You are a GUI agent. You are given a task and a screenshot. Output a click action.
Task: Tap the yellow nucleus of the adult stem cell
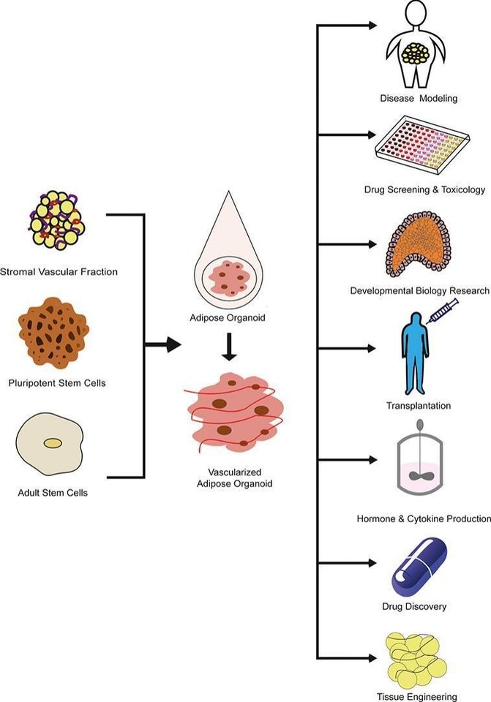pos(53,443)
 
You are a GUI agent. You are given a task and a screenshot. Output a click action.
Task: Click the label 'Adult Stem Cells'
pos(53,492)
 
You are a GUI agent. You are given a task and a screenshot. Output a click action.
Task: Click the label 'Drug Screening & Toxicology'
pos(424,190)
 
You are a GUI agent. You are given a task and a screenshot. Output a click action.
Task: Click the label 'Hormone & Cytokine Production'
pos(424,518)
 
